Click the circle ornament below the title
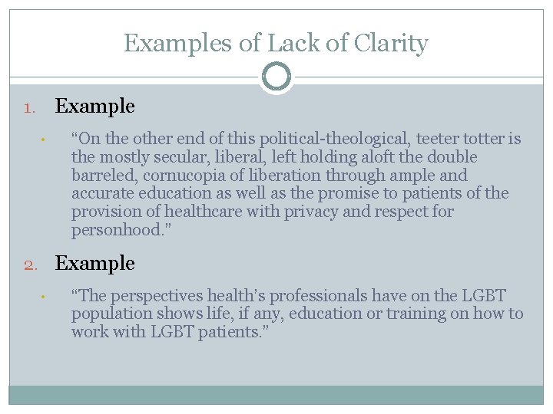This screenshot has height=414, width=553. pyautogui.click(x=276, y=77)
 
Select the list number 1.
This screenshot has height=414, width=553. pyautogui.click(x=28, y=108)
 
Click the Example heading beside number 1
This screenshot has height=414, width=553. pyautogui.click(x=94, y=107)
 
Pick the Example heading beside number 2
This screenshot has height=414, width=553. pyautogui.click(x=94, y=264)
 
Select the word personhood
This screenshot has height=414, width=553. pyautogui.click(x=113, y=230)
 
